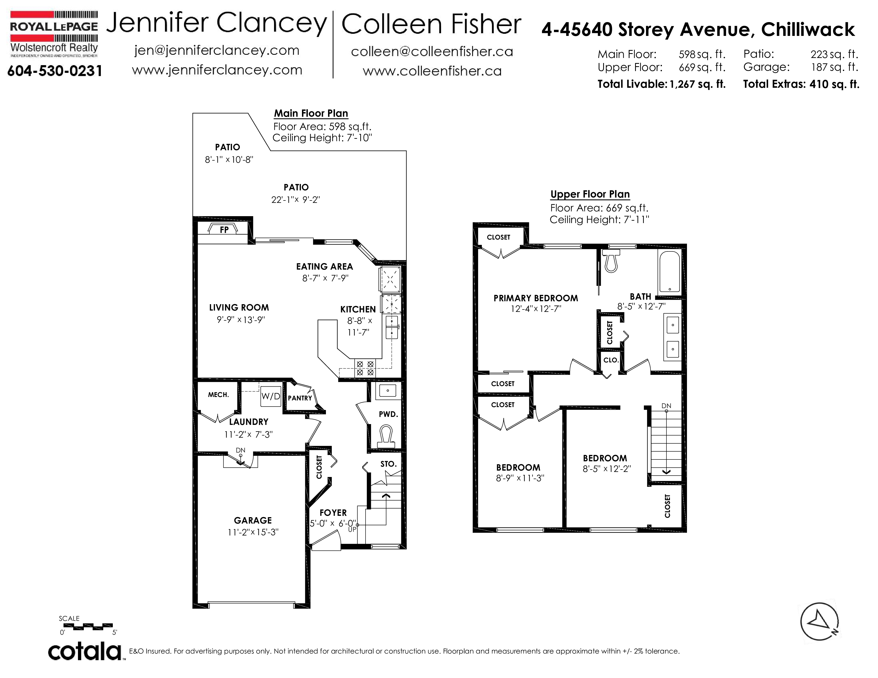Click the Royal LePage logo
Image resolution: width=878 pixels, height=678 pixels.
(x=54, y=35)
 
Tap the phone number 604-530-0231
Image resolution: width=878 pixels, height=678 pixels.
(x=55, y=71)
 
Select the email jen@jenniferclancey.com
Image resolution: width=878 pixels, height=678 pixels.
(x=217, y=51)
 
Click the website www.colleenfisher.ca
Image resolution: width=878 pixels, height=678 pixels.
(x=432, y=71)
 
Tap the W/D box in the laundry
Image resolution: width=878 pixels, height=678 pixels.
(x=271, y=396)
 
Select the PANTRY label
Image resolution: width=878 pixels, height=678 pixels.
(x=300, y=398)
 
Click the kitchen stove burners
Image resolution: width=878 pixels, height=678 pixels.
(x=365, y=368)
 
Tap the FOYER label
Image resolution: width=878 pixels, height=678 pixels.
(x=333, y=513)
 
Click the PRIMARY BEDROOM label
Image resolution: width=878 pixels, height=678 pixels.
(x=536, y=298)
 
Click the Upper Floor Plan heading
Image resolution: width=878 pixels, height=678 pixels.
(x=590, y=194)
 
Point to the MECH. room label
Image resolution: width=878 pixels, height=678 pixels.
(x=218, y=395)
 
